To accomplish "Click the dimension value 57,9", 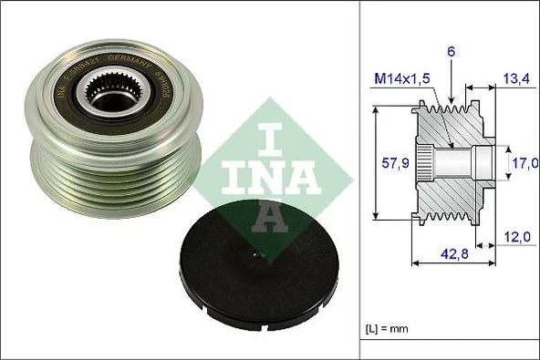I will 393,164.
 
